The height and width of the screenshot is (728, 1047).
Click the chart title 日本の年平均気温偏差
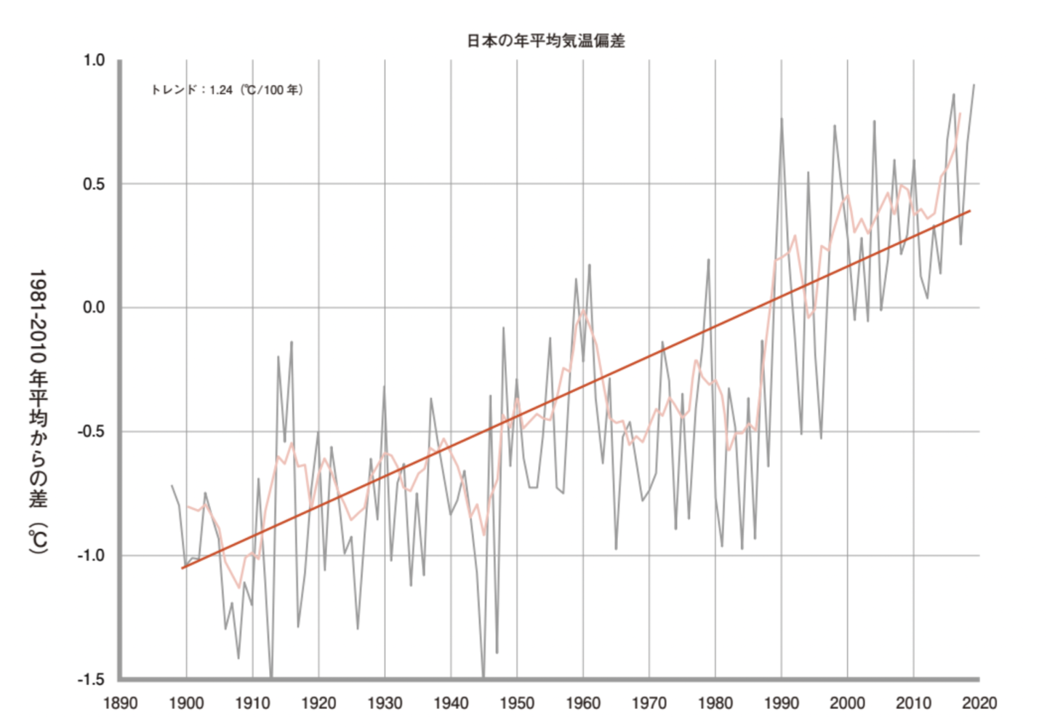tap(545, 41)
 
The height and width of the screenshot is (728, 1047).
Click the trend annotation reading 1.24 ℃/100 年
tap(226, 90)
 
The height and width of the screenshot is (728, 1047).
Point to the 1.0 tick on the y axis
tap(94, 60)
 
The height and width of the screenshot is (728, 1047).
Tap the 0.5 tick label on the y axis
tap(94, 184)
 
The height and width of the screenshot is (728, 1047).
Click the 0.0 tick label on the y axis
tap(94, 308)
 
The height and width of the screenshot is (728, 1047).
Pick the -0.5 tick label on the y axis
tap(92, 431)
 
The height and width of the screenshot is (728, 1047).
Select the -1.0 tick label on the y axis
tap(92, 556)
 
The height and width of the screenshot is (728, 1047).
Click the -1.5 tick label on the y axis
tap(92, 679)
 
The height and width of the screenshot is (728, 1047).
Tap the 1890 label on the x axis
tap(121, 703)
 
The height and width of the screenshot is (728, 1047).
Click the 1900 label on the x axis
tap(187, 703)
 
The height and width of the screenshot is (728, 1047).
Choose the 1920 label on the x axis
tap(318, 703)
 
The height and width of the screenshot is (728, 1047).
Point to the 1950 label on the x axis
tap(517, 703)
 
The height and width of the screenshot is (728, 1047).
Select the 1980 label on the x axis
tap(715, 703)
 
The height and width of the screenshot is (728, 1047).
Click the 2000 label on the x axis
tap(847, 703)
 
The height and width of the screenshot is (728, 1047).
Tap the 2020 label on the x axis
tap(979, 703)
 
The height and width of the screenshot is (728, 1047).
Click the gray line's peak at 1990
tap(782, 119)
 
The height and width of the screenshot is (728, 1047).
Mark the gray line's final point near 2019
tap(974, 85)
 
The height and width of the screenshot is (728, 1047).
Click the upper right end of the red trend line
tap(970, 211)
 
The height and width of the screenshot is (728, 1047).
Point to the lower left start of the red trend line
tap(182, 568)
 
